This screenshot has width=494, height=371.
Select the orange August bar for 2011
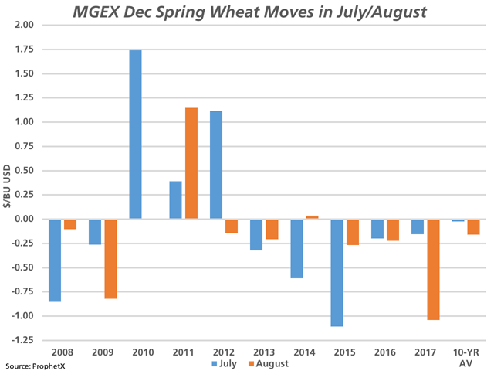coord(191,163)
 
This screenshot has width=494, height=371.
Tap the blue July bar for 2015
coord(337,273)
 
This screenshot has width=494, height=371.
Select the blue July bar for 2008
coord(55,260)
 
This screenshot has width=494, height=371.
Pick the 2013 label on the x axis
coord(263,352)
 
